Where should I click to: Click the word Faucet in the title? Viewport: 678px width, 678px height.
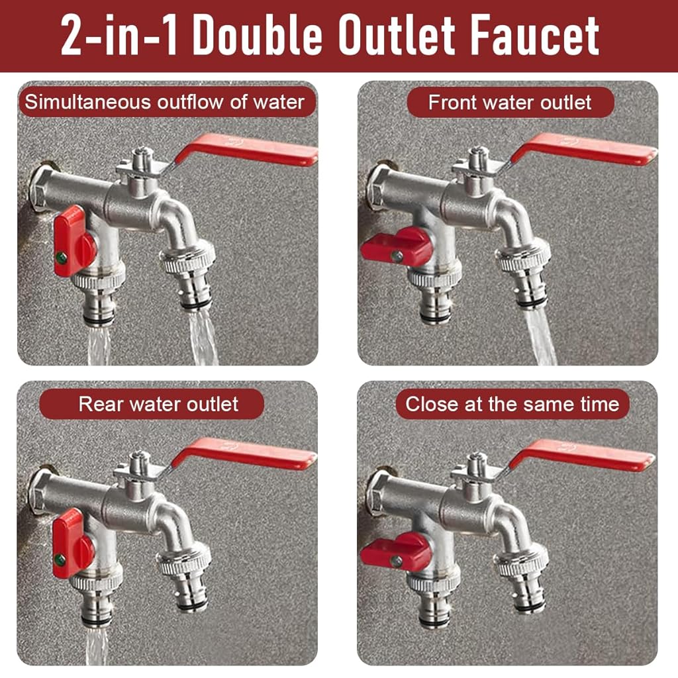(x=535, y=34)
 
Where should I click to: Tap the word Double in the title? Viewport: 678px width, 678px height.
(x=258, y=34)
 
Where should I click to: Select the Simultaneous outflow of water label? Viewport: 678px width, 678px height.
(x=165, y=103)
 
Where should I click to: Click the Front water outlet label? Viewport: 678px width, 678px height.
(x=510, y=103)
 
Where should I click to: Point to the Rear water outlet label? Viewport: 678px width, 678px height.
(x=158, y=405)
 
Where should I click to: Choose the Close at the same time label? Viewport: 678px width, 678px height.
(x=512, y=405)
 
